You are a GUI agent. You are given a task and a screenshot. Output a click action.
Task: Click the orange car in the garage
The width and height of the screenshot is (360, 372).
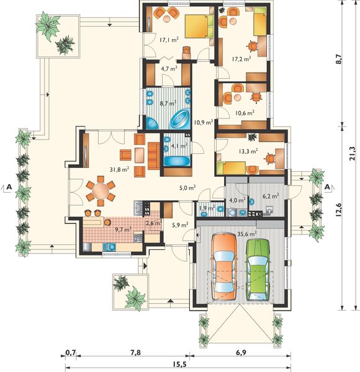click(225, 266)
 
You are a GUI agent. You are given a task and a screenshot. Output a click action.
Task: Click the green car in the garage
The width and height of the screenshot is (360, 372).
click(258, 270)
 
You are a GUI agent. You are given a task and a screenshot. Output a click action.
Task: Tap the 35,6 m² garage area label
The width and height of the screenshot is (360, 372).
click(247, 234)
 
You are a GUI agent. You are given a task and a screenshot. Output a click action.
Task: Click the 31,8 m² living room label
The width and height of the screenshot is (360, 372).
click(119, 169)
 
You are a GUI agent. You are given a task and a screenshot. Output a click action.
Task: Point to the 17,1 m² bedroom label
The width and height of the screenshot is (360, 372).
click(169, 40)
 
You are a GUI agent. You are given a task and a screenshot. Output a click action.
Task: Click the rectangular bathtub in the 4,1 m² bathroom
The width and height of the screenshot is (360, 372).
click(178, 161)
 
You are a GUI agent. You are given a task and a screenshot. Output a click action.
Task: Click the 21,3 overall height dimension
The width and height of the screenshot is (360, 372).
click(352, 154)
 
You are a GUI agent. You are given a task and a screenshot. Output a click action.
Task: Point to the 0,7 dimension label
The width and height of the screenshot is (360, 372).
click(71, 353)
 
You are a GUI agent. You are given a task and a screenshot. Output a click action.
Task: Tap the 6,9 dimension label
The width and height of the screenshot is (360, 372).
click(241, 353)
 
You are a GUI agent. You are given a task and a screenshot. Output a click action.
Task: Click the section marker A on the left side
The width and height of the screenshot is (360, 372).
click(9, 187)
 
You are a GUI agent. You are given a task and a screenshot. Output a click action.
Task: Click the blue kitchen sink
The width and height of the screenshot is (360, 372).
click(109, 247)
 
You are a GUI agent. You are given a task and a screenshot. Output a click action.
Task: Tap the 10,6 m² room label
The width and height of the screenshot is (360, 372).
click(245, 113)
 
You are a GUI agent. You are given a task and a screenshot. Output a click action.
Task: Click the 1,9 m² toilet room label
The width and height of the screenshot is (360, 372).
click(207, 208)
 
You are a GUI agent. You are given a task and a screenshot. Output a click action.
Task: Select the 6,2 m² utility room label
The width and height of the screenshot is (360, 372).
click(271, 196)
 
